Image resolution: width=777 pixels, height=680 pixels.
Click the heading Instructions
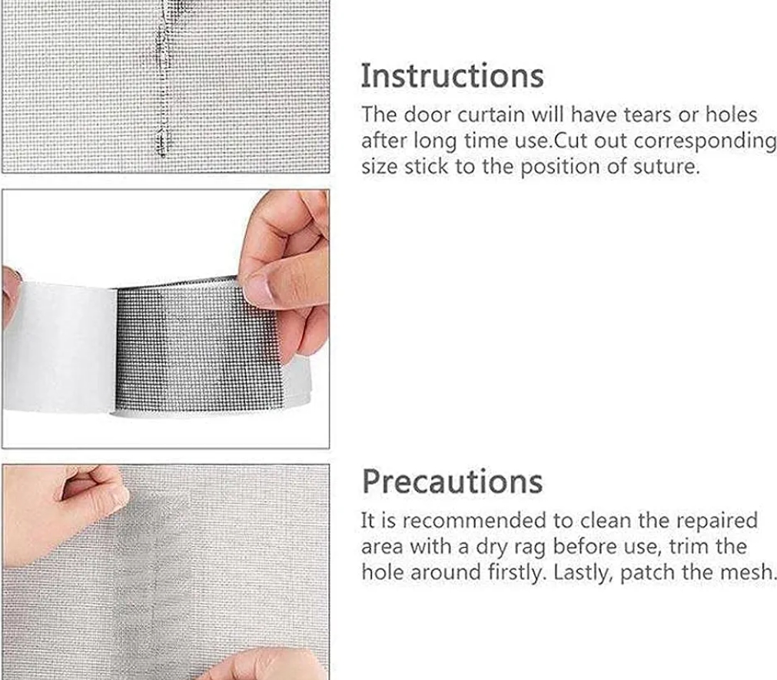coord(453,76)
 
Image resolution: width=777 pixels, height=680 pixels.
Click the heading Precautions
coord(453,481)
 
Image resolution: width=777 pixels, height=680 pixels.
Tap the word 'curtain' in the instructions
coord(491,115)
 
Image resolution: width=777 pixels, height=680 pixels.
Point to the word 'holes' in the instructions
coord(732,115)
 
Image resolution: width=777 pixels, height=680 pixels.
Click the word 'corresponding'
coord(705,141)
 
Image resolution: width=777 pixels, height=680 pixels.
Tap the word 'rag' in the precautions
coord(530,548)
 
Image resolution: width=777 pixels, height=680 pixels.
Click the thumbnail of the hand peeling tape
coord(165,319)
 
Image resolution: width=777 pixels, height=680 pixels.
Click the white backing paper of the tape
coord(59,347)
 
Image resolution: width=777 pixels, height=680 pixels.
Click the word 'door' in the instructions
coord(427,115)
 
